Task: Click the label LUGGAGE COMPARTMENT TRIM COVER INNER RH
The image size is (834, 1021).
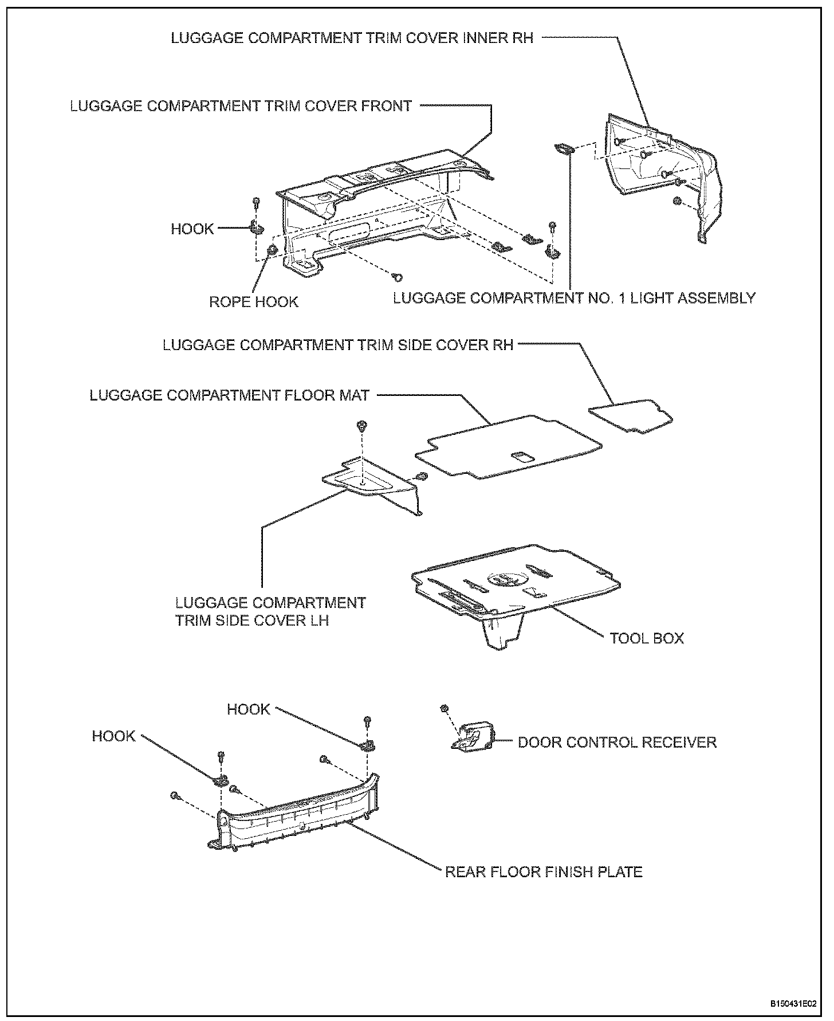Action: (x=352, y=38)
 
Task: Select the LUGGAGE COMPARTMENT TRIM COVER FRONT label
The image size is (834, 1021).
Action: (x=241, y=106)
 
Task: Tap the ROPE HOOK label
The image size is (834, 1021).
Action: (x=253, y=301)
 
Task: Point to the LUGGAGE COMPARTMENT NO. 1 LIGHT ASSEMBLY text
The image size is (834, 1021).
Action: (x=574, y=298)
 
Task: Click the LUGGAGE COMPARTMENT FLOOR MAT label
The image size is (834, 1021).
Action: (x=230, y=395)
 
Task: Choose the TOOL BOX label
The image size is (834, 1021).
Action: (x=647, y=638)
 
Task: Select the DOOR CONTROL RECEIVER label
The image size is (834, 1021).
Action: (x=617, y=742)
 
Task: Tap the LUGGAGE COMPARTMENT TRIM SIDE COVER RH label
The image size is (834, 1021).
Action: (x=338, y=345)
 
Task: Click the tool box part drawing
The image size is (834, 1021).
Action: (x=516, y=590)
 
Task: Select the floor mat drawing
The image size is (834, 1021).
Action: (x=510, y=447)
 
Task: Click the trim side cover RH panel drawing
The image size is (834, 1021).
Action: (x=630, y=414)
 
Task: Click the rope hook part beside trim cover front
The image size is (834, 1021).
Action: (x=273, y=250)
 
